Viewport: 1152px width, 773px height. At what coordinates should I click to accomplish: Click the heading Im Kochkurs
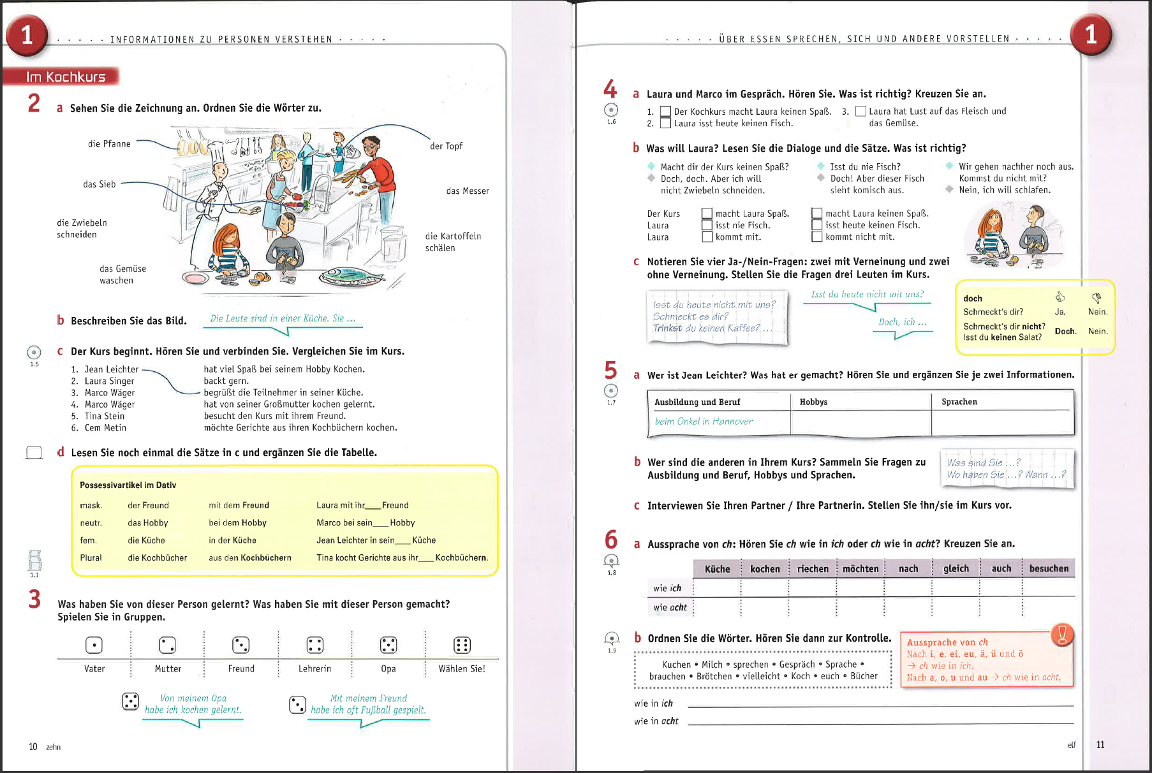pyautogui.click(x=65, y=77)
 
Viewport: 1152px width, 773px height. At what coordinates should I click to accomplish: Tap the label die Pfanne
pyautogui.click(x=109, y=144)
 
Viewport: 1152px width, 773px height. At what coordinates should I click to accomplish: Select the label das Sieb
pyautogui.click(x=100, y=184)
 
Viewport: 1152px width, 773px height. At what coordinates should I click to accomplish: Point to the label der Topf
pyautogui.click(x=446, y=146)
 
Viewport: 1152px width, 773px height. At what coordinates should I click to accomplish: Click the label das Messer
pyautogui.click(x=468, y=191)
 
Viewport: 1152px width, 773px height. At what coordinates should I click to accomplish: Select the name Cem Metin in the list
pyautogui.click(x=105, y=428)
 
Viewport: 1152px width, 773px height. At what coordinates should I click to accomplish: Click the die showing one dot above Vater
pyautogui.click(x=94, y=645)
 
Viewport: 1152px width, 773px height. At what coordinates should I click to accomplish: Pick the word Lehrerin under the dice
pyautogui.click(x=314, y=668)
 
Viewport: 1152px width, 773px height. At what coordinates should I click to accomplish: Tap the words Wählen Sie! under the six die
pyautogui.click(x=462, y=668)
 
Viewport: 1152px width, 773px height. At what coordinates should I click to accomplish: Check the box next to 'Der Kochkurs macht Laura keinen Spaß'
pyautogui.click(x=665, y=112)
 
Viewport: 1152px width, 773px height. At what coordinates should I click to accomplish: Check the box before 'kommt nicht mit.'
pyautogui.click(x=816, y=237)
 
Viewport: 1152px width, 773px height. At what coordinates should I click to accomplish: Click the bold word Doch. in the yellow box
pyautogui.click(x=1065, y=331)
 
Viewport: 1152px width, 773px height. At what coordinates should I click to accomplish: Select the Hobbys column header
pyautogui.click(x=813, y=402)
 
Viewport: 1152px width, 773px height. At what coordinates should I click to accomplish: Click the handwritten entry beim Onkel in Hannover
pyautogui.click(x=704, y=421)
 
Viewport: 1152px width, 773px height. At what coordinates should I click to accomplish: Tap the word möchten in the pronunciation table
pyautogui.click(x=860, y=568)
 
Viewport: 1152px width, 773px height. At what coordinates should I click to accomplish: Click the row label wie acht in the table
pyautogui.click(x=670, y=607)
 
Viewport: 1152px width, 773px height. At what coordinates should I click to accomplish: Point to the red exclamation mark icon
pyautogui.click(x=1062, y=634)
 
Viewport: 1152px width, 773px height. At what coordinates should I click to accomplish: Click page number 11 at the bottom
pyautogui.click(x=1100, y=744)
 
